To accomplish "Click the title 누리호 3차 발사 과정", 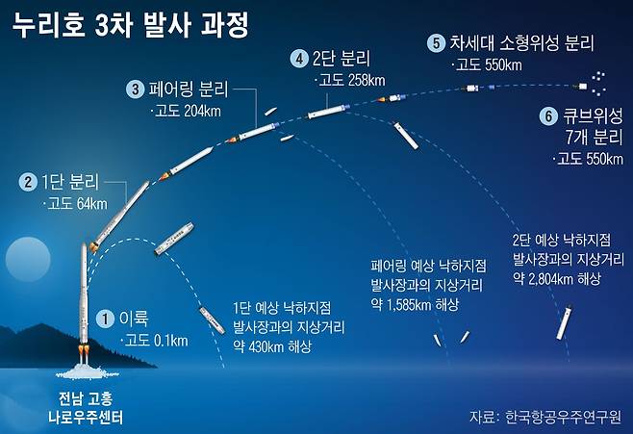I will pos(130,26).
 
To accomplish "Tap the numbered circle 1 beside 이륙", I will pos(107,319).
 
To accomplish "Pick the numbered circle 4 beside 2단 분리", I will pos(301,59).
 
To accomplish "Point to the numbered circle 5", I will pos(437,43).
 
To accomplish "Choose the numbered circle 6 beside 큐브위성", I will pos(547,115).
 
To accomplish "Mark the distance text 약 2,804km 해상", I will pos(556,277).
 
